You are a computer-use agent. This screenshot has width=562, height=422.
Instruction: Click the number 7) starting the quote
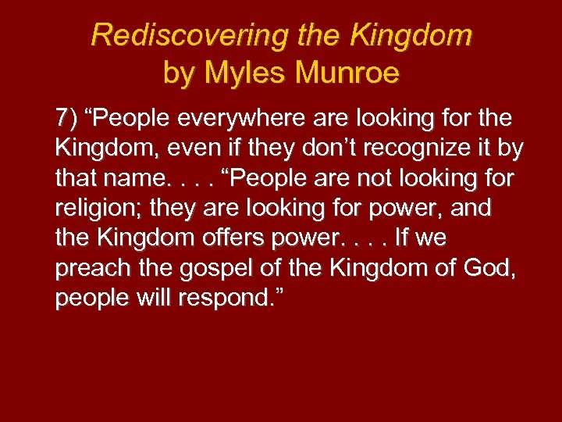point(67,119)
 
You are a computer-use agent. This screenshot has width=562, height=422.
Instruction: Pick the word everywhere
point(243,119)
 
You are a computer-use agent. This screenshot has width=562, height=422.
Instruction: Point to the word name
point(131,179)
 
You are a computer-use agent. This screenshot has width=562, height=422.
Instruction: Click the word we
point(432,238)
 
